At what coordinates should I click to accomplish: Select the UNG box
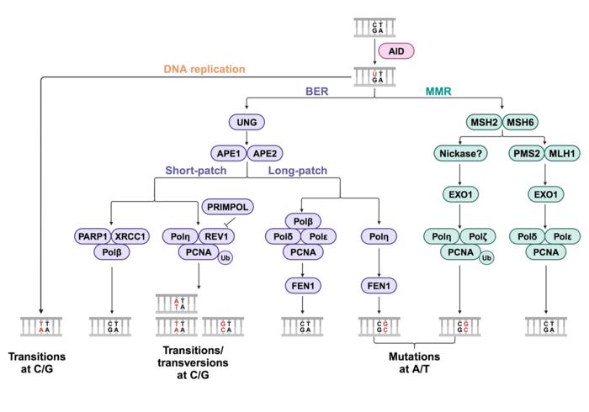tap(246, 124)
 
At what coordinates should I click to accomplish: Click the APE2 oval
tap(266, 154)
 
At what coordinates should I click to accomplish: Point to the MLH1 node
tap(562, 154)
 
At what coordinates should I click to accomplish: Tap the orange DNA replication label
tap(205, 69)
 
